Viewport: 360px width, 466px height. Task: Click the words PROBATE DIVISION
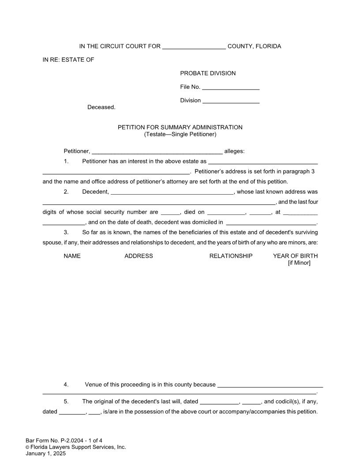(x=208, y=73)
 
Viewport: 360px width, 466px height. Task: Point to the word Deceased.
(x=101, y=107)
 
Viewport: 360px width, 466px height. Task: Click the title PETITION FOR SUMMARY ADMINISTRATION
(x=180, y=128)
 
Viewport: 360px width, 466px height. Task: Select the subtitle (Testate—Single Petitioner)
(x=180, y=134)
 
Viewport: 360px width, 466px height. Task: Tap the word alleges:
(x=234, y=151)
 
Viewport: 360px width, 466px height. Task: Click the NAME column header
(x=72, y=256)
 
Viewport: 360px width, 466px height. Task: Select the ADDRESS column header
(x=139, y=256)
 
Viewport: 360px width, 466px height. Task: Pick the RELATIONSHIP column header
(x=231, y=256)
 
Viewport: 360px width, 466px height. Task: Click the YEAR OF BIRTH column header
(x=295, y=256)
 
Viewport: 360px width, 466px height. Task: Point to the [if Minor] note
(x=299, y=263)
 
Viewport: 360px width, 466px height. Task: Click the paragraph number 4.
(x=66, y=384)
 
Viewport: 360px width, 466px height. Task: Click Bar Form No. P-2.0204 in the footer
(x=64, y=440)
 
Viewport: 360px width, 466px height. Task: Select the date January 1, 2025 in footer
(x=46, y=453)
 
